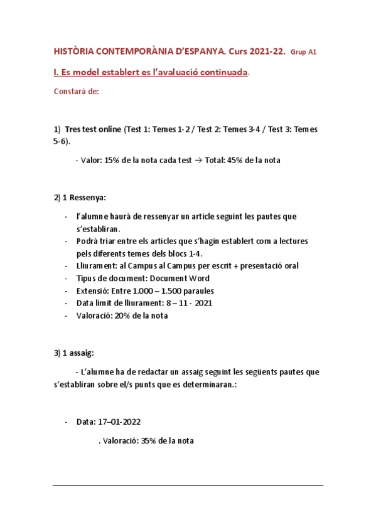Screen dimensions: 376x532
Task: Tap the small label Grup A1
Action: coord(304,53)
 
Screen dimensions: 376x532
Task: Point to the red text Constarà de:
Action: coord(76,92)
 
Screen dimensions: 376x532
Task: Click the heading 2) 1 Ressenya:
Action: coord(80,198)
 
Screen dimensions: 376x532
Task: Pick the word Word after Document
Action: coord(198,278)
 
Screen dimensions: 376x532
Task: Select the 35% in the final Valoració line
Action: coord(149,440)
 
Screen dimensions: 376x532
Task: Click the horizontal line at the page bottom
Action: coord(188,485)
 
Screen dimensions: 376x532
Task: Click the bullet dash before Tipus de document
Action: coord(67,278)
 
